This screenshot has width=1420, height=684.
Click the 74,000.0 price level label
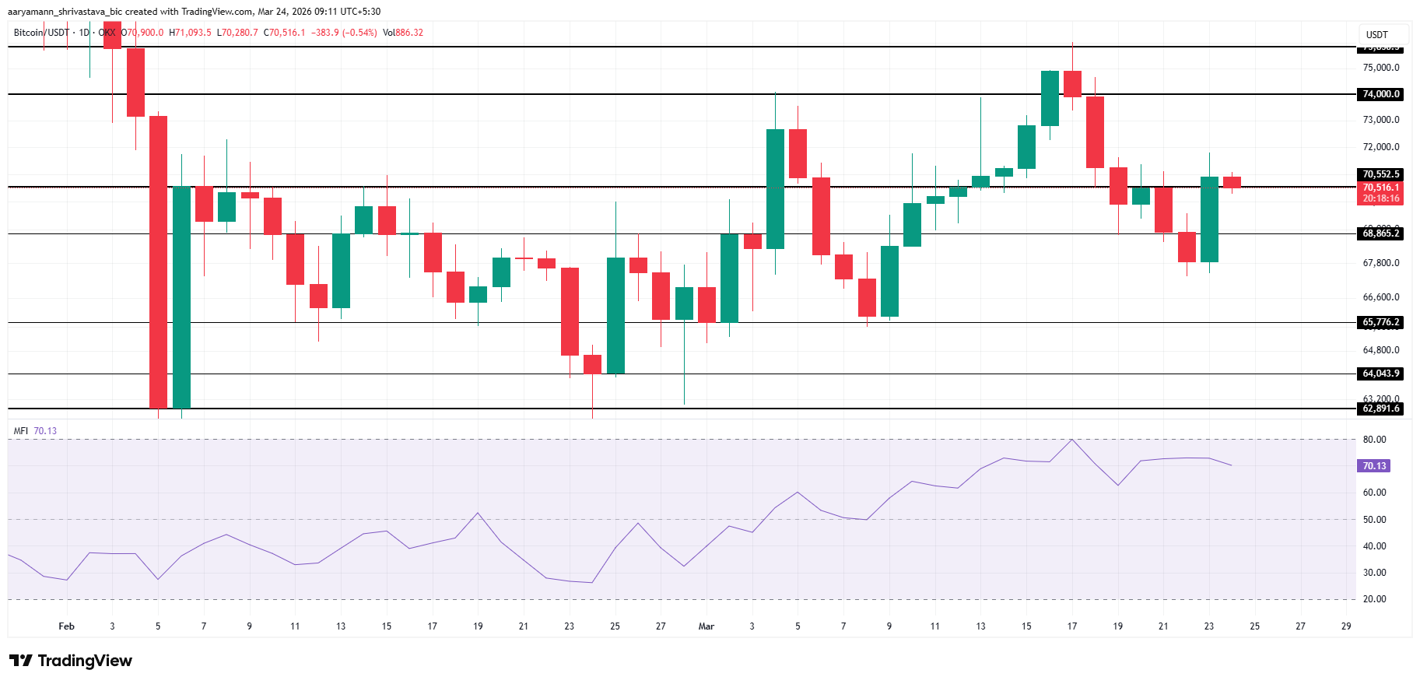(1380, 94)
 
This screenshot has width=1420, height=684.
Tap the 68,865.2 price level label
(1380, 233)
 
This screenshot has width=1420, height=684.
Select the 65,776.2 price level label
(1380, 322)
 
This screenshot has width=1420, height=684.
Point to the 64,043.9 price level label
(1380, 374)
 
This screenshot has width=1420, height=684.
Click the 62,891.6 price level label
(1380, 409)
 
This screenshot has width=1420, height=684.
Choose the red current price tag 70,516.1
(1380, 188)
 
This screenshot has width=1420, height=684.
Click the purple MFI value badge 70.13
(1374, 466)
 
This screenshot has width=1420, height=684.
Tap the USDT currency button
(1376, 34)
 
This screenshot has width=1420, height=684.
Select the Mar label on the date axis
(706, 626)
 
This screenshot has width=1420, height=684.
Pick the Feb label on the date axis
(67, 626)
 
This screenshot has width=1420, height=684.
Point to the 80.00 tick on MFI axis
(1374, 440)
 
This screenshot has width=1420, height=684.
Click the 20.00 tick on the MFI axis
(1374, 599)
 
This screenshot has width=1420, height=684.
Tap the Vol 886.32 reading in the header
(403, 33)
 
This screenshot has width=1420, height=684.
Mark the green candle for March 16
(1050, 98)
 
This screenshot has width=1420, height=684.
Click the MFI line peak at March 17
(1072, 440)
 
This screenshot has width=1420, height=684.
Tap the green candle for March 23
(1209, 219)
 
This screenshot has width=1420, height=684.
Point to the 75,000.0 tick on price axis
(1380, 68)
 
